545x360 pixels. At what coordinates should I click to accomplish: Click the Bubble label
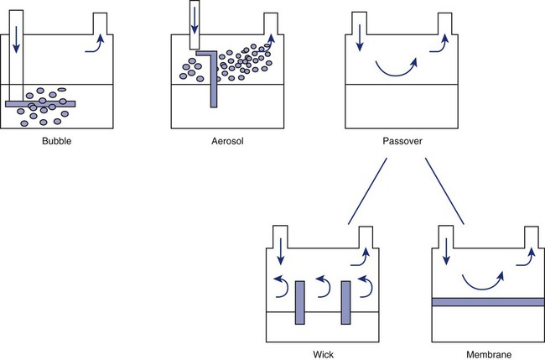click(56, 142)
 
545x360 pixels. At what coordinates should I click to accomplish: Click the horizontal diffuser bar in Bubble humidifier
click(40, 104)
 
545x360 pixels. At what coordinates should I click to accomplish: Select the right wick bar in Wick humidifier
click(345, 304)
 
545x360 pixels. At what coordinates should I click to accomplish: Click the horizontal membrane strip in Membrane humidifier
click(485, 302)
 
